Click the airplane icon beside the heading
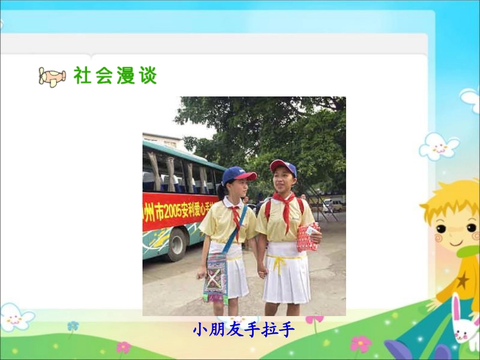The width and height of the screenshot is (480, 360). [x=52, y=77]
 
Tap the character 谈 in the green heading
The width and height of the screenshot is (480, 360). [x=148, y=76]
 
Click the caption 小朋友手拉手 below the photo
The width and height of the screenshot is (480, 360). [x=243, y=330]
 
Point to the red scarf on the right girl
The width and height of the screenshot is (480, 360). [x=286, y=208]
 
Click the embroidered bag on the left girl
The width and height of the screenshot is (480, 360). [x=216, y=277]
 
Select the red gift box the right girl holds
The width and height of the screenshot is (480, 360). [x=308, y=237]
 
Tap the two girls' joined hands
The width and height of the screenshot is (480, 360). [x=262, y=272]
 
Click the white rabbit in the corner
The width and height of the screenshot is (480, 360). [x=464, y=323]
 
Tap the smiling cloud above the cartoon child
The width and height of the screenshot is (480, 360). [x=439, y=146]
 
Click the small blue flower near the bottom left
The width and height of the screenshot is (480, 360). [x=73, y=326]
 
